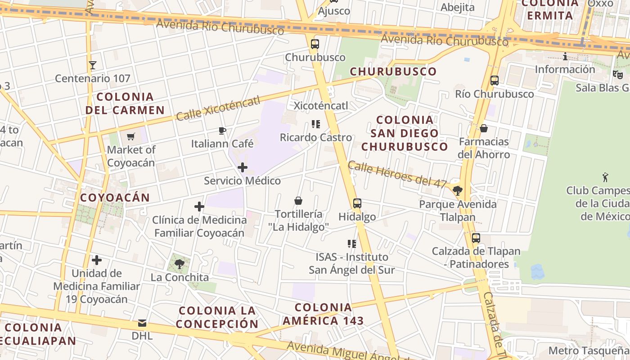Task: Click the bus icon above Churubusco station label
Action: tap(315, 44)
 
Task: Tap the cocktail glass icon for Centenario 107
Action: tap(93, 65)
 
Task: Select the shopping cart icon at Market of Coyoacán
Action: tap(131, 136)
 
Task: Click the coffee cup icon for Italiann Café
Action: tap(222, 130)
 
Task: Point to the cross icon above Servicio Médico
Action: tap(243, 167)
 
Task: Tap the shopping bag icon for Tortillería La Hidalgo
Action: tap(298, 200)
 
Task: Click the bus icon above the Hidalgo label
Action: tap(357, 203)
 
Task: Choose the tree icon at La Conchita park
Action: tap(180, 264)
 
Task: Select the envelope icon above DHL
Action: tap(142, 323)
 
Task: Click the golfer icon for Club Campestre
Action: tap(605, 177)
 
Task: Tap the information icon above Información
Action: tap(565, 56)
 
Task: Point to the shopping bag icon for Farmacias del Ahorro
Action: tap(484, 128)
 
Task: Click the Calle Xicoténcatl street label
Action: tap(218, 108)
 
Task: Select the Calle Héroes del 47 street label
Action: tap(397, 175)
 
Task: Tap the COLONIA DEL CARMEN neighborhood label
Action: tap(125, 103)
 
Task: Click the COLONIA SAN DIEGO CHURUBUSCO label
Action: tap(405, 133)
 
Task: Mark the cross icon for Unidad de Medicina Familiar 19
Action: tap(97, 260)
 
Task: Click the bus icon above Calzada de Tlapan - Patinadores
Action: tap(476, 238)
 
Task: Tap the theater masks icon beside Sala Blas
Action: tap(617, 74)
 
